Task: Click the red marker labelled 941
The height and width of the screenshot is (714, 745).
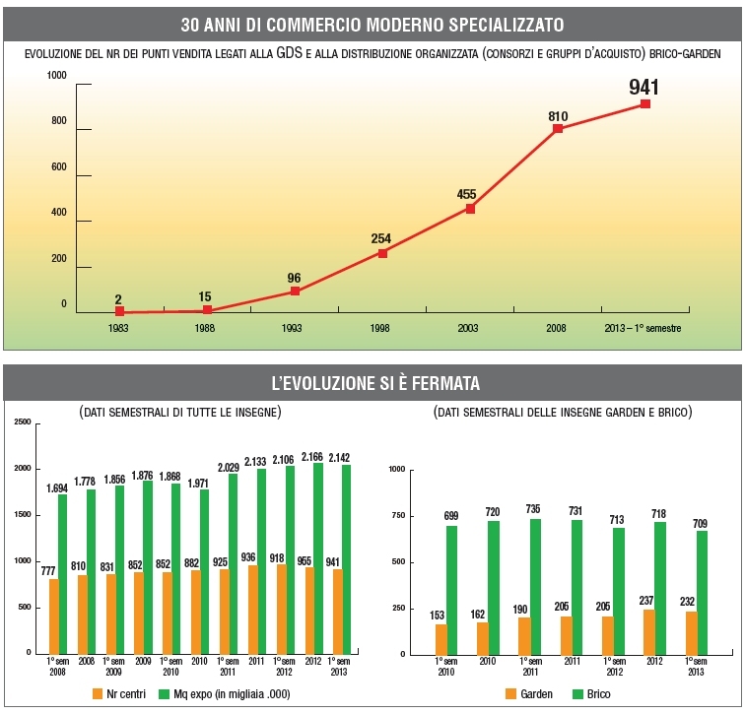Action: (x=645, y=103)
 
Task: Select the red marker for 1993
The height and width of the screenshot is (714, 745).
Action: (x=295, y=292)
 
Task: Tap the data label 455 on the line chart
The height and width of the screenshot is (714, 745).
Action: (x=467, y=194)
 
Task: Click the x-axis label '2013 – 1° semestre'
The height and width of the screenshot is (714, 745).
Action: (x=643, y=328)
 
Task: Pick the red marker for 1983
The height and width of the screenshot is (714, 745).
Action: (x=119, y=311)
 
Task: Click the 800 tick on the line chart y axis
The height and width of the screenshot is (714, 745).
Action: (x=58, y=121)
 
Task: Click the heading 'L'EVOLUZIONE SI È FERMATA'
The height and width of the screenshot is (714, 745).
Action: (x=373, y=382)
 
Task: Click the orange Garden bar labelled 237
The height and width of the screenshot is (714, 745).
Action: (x=647, y=631)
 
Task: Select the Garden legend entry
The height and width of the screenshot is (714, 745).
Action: (x=529, y=693)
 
